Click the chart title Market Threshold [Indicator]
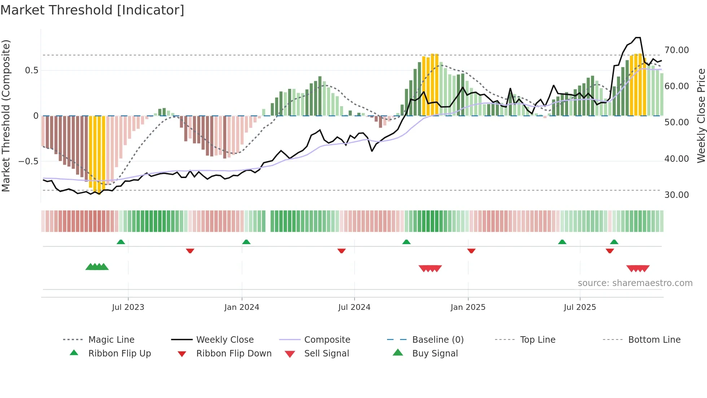click(x=92, y=10)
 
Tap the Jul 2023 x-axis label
click(x=128, y=307)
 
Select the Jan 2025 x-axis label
click(x=468, y=307)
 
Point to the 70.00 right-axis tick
click(x=676, y=50)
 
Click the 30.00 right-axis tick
click(x=676, y=195)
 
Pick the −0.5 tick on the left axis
click(x=28, y=161)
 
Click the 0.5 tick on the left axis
click(x=31, y=70)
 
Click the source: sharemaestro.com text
click(x=635, y=283)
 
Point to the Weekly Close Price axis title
click(x=701, y=116)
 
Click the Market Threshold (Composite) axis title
click(x=6, y=116)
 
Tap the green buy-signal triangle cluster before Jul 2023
click(x=97, y=267)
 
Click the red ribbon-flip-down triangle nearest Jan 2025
click(x=471, y=251)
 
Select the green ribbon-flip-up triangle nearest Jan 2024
click(x=246, y=242)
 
